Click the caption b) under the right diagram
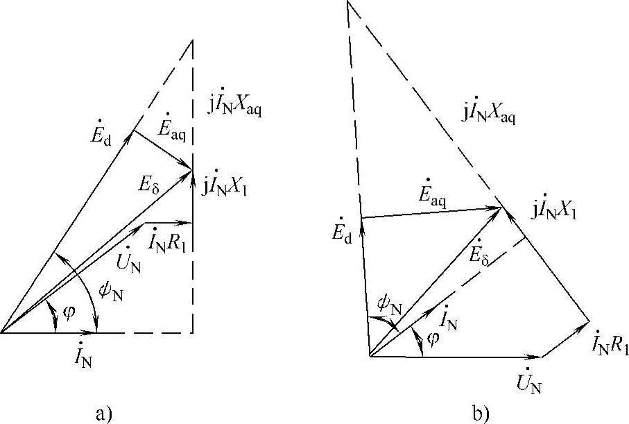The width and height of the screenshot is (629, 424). [481, 414]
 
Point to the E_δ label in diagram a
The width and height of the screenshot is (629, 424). [148, 184]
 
